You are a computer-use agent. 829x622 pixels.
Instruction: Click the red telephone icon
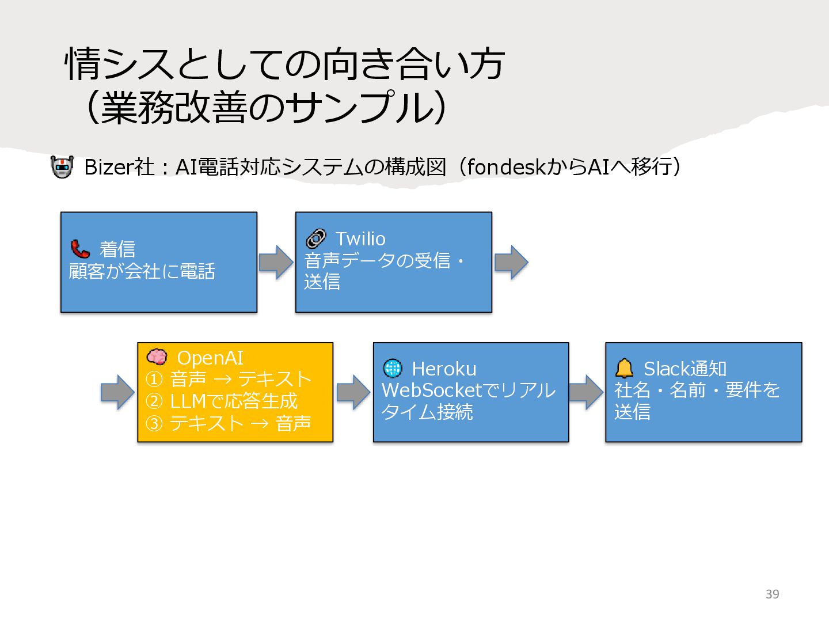pyautogui.click(x=80, y=249)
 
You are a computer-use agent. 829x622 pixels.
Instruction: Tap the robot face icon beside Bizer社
pyautogui.click(x=62, y=167)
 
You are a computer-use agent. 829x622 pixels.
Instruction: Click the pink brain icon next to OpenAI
pyautogui.click(x=157, y=357)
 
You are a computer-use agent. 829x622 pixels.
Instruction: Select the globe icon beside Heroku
pyautogui.click(x=393, y=368)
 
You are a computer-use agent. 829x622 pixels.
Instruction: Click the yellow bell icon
pyautogui.click(x=624, y=368)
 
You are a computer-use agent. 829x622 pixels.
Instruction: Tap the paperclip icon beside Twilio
pyautogui.click(x=315, y=238)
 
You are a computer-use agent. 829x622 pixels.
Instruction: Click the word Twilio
pyautogui.click(x=360, y=238)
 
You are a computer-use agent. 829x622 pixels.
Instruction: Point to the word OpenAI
pyautogui.click(x=210, y=358)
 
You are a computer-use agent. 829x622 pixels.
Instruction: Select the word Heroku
pyautogui.click(x=444, y=369)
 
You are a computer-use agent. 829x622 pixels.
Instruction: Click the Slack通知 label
pyautogui.click(x=685, y=369)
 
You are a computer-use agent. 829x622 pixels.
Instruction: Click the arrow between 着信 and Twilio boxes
pyautogui.click(x=276, y=262)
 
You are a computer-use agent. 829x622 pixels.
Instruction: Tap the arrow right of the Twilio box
pyautogui.click(x=511, y=262)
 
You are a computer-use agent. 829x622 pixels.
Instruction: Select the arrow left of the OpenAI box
pyautogui.click(x=117, y=392)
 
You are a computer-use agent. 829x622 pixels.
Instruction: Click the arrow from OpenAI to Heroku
pyautogui.click(x=353, y=392)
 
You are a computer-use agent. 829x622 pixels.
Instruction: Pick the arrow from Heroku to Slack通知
pyautogui.click(x=587, y=392)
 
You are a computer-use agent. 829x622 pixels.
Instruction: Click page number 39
pyautogui.click(x=772, y=594)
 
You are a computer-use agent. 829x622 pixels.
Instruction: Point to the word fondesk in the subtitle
pyautogui.click(x=506, y=167)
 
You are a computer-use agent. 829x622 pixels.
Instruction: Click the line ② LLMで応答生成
pyautogui.click(x=222, y=401)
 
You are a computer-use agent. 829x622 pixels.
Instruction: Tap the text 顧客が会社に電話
pyautogui.click(x=142, y=271)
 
